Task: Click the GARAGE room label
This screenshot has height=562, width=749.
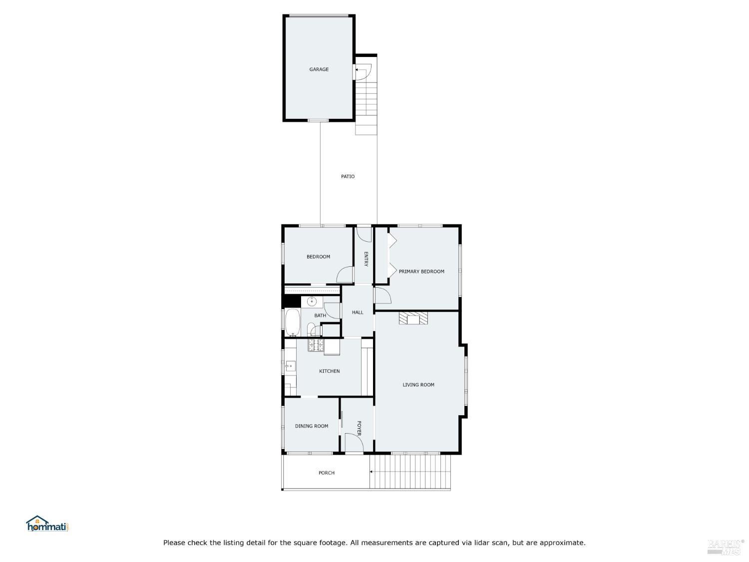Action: pyautogui.click(x=319, y=69)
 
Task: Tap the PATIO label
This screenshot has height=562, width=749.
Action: pyautogui.click(x=348, y=176)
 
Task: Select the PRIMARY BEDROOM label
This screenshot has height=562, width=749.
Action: pyautogui.click(x=421, y=272)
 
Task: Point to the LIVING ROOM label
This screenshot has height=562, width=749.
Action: pyautogui.click(x=418, y=385)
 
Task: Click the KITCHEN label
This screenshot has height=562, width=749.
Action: pyautogui.click(x=329, y=371)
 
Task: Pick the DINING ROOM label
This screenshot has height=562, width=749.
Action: pyautogui.click(x=312, y=426)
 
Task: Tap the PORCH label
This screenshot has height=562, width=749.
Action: pyautogui.click(x=327, y=473)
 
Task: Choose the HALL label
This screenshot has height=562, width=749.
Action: pyautogui.click(x=358, y=312)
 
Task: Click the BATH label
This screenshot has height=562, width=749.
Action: pyautogui.click(x=320, y=316)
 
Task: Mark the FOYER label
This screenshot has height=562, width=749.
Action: pyautogui.click(x=359, y=428)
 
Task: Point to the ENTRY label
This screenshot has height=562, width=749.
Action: pyautogui.click(x=366, y=259)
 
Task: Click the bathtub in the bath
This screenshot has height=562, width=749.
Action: pyautogui.click(x=293, y=322)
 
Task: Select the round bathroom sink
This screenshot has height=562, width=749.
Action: pyautogui.click(x=312, y=302)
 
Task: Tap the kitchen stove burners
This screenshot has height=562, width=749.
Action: pyautogui.click(x=316, y=345)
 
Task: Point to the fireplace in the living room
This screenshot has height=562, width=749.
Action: pyautogui.click(x=413, y=318)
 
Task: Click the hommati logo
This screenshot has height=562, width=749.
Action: pyautogui.click(x=47, y=524)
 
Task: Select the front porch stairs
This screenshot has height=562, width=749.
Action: pyautogui.click(x=410, y=472)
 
